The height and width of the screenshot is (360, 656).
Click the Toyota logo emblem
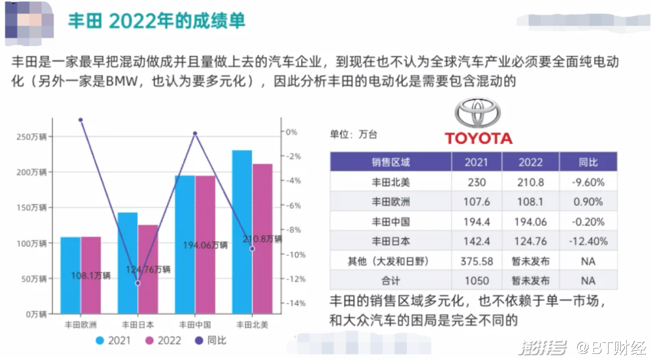[x=477, y=113]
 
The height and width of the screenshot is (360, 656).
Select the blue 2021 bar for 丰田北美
[x=242, y=231]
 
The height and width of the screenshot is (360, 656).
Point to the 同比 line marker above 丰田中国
[x=195, y=133]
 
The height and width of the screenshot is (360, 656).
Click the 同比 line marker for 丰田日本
[x=138, y=283]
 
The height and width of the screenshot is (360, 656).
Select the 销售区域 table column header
[x=391, y=162]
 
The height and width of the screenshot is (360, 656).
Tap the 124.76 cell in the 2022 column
[x=530, y=241]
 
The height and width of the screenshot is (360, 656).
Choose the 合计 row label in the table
[x=391, y=281]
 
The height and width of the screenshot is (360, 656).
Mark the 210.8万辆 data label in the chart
[x=262, y=239]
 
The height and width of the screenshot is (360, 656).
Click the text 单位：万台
[x=353, y=134]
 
